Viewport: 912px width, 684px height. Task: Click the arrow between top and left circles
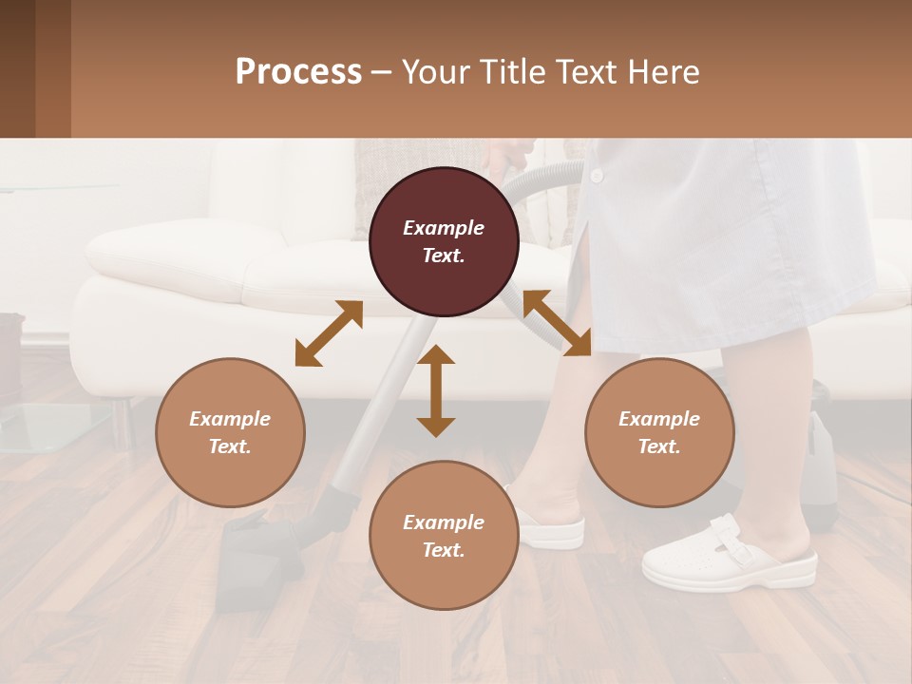coord(329,333)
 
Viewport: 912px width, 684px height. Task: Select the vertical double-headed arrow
coord(436,390)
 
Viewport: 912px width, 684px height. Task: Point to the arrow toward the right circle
coord(557,323)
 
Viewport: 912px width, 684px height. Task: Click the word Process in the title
coord(298,71)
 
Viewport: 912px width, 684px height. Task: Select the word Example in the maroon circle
coord(444,228)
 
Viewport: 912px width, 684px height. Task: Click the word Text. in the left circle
coord(230,446)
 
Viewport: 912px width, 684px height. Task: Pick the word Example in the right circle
coord(659,419)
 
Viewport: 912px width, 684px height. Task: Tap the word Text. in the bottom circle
coord(444,550)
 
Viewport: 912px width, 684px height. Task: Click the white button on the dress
coord(597,176)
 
